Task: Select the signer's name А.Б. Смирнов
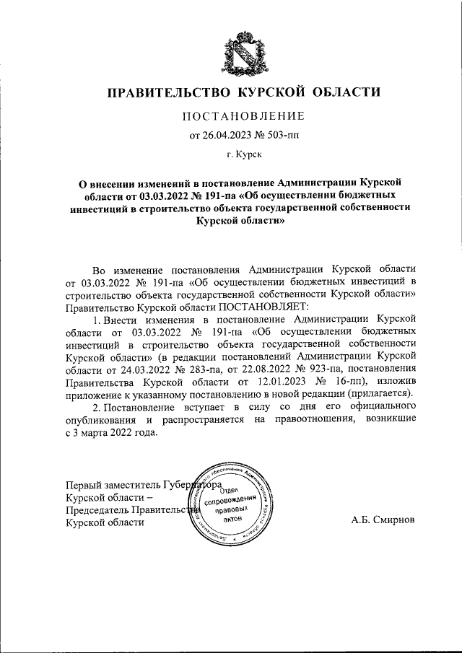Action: coord(383,520)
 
